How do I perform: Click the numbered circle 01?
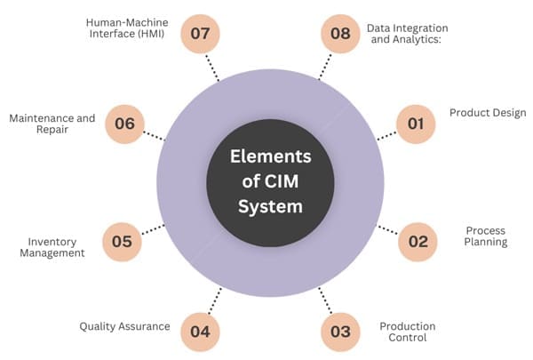415,124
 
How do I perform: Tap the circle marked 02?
418,240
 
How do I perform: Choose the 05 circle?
123,240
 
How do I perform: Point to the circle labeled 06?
124,124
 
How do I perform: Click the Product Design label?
488,113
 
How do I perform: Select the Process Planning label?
486,236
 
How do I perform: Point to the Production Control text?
408,332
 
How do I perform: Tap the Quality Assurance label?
124,326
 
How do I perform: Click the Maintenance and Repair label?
52,124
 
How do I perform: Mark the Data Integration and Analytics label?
409,34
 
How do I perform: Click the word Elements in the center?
270,157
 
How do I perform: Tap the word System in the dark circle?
270,207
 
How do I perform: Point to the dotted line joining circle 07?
211,67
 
